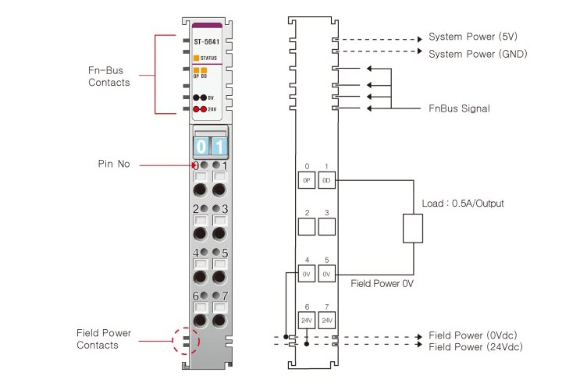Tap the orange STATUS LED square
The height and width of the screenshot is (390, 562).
pos(196,58)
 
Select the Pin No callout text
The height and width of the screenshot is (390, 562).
pos(114,165)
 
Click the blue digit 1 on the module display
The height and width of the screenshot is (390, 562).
pos(219,147)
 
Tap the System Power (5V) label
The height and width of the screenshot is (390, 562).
pos(473,37)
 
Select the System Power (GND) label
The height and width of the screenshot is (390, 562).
pos(478,54)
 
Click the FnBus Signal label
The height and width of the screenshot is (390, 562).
pos(460,108)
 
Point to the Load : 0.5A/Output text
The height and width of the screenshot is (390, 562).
pos(462,204)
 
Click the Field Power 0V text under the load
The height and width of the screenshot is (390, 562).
pos(382,284)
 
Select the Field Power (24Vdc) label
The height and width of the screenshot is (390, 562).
pos(476,347)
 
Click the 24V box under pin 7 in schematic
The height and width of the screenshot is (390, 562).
pos(326,320)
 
